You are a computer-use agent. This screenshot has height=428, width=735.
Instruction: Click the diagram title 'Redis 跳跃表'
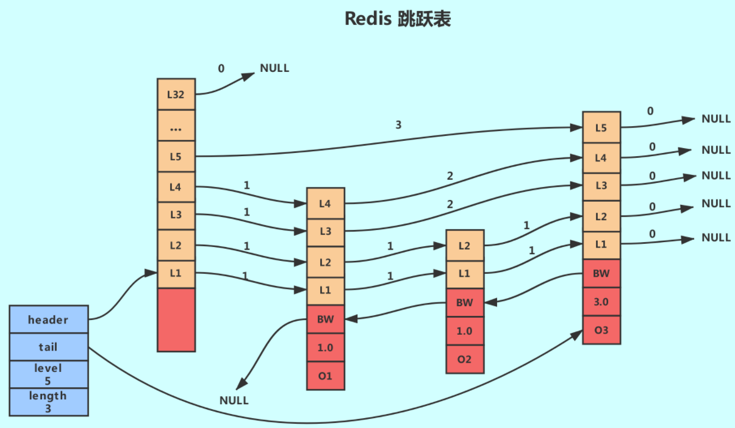pos(398,19)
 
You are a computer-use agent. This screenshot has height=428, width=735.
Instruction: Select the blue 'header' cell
pos(49,319)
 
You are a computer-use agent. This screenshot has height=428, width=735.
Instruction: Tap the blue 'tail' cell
pos(49,347)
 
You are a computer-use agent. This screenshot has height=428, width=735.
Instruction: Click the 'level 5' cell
pos(49,374)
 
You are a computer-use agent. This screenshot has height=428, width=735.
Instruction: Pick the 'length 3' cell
pos(49,402)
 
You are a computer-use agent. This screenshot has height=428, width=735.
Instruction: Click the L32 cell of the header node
pos(176,95)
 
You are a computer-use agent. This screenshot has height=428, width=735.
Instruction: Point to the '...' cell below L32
pos(176,126)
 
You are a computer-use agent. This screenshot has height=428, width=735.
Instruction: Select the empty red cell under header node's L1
pos(176,319)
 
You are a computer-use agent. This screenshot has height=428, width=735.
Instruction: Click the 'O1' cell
pos(326,376)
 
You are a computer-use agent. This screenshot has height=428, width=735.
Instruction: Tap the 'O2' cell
pos(465,359)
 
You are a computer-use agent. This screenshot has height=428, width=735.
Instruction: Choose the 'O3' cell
pos(601,330)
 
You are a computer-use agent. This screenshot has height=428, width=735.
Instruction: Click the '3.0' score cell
pos(601,302)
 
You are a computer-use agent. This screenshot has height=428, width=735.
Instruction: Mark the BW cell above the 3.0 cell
pos(601,274)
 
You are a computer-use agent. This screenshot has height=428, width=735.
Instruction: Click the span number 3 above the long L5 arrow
pos(398,125)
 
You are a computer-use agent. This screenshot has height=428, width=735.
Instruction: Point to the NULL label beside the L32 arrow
pos(274,68)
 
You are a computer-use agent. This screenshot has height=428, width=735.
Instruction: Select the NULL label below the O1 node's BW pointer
pos(234,401)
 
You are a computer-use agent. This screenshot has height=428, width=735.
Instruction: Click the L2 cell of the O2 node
pos(465,245)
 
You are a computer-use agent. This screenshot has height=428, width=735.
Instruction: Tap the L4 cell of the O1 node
pos(326,202)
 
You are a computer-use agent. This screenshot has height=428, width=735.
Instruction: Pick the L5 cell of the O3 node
pos(601,127)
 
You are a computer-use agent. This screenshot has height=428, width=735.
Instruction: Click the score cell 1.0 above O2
pos(465,330)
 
